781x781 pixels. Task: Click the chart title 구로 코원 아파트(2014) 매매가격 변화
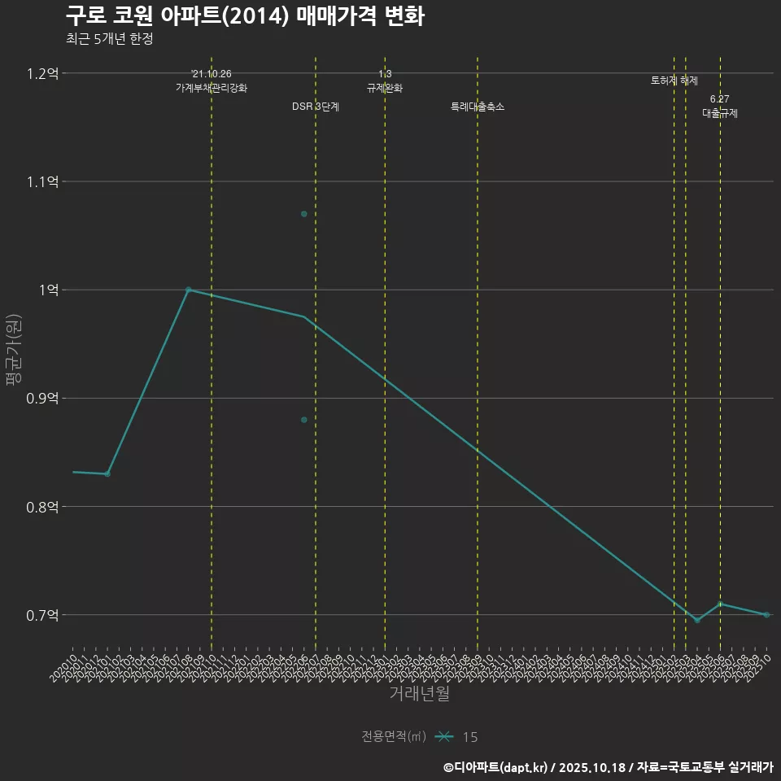(x=244, y=16)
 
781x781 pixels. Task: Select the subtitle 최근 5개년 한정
(x=110, y=39)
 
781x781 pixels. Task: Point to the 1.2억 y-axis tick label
(x=42, y=73)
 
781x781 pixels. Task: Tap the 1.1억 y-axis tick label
(x=42, y=181)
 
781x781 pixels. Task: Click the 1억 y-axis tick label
(x=46, y=290)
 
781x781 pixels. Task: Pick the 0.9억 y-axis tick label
(x=42, y=398)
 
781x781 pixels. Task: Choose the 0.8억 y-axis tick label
(x=42, y=506)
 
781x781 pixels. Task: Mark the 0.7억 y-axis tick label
(x=42, y=615)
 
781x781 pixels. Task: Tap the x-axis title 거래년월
(x=419, y=694)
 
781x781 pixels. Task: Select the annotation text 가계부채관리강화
(x=212, y=88)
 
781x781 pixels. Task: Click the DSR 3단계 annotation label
(x=316, y=107)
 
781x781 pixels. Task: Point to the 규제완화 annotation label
(x=385, y=88)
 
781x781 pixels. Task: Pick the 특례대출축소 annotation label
(x=478, y=107)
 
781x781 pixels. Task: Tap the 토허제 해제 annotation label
(x=674, y=81)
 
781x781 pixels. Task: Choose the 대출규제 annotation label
(x=720, y=114)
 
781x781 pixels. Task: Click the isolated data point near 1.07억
(x=304, y=214)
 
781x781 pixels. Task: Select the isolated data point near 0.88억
(x=304, y=420)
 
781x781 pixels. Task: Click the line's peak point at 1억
(x=188, y=290)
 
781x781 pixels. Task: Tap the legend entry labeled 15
(x=469, y=737)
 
